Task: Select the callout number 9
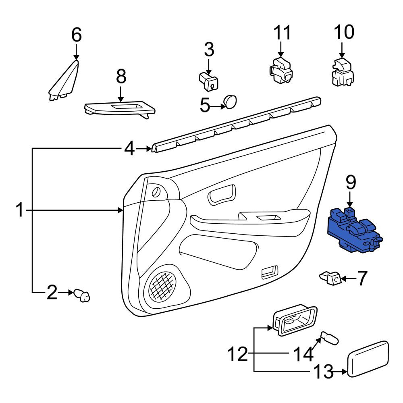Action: tap(351, 182)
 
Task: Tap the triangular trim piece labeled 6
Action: tap(64, 80)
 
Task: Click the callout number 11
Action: tap(282, 33)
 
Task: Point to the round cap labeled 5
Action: tap(231, 102)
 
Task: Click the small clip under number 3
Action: tap(209, 82)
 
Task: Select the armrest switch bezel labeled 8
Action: tap(120, 109)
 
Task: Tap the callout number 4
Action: tap(129, 150)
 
